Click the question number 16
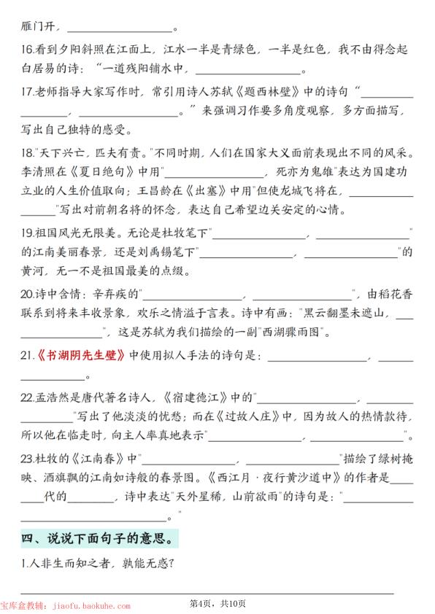[26, 50]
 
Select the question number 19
[26, 233]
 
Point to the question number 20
[27, 294]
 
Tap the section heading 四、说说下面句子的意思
[98, 540]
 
